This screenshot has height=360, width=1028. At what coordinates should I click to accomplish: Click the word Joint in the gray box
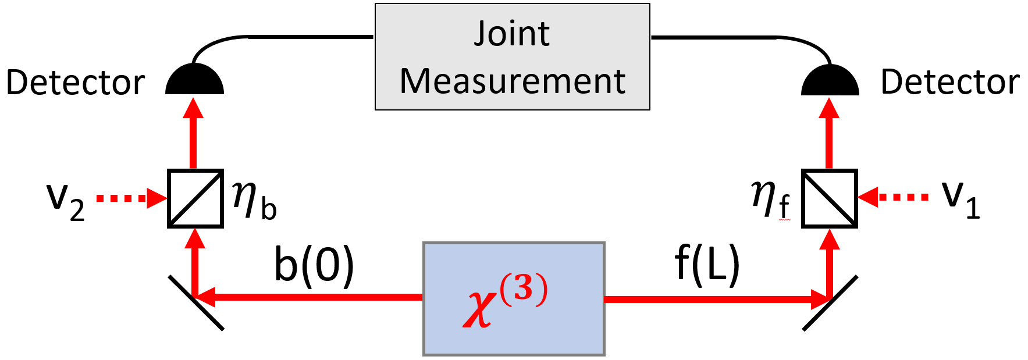pos(511,34)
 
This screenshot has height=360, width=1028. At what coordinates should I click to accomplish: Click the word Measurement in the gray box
pos(512,81)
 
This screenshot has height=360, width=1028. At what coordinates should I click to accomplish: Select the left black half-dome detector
pos(194,81)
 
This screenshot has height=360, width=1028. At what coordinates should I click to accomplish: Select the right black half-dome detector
pos(830,81)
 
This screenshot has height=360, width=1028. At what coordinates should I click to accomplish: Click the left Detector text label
pos(75,83)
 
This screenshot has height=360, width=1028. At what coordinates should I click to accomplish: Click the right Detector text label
pos(949,82)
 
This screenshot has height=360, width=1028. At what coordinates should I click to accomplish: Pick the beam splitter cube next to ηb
pos(195,198)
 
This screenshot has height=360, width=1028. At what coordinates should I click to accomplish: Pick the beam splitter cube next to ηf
pos(829,198)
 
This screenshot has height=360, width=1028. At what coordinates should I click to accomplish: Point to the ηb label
pos(254,199)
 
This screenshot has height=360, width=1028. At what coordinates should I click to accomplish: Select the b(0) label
pos(314,265)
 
